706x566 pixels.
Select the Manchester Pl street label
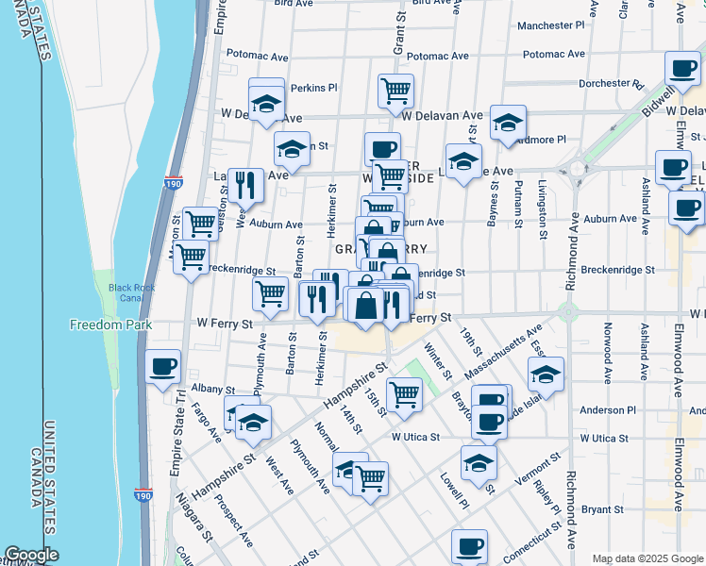(552, 25)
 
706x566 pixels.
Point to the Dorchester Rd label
(611, 83)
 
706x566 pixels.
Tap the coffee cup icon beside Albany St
(163, 366)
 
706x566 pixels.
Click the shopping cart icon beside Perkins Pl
(395, 91)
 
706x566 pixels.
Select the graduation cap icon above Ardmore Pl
(508, 122)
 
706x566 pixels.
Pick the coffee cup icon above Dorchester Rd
(681, 67)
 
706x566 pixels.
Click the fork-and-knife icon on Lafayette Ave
(245, 184)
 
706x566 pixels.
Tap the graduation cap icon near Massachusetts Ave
(546, 374)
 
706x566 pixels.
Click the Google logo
(31, 555)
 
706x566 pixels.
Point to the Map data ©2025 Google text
(647, 558)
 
